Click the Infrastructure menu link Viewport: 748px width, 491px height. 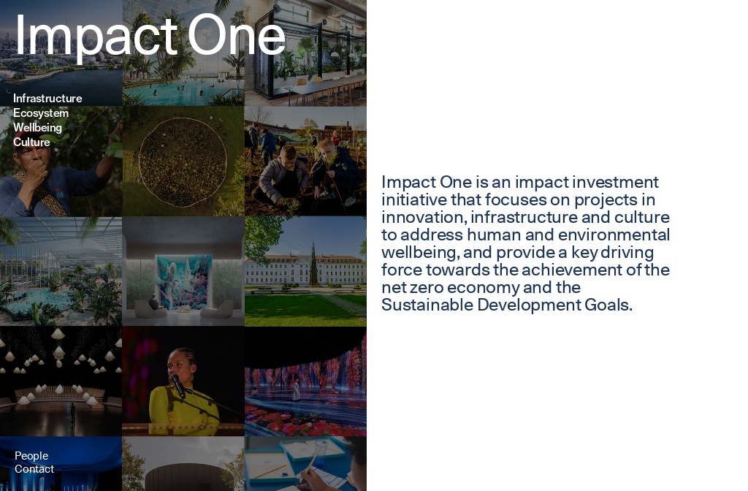click(47, 99)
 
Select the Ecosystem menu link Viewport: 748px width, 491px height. click(41, 113)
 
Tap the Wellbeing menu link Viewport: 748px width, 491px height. click(37, 128)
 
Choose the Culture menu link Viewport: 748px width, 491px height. click(31, 142)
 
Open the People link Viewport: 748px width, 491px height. click(31, 456)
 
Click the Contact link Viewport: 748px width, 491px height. click(34, 469)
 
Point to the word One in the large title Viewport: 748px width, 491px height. click(236, 36)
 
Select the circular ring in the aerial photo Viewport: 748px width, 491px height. click(183, 161)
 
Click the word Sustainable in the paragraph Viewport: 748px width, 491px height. click(427, 305)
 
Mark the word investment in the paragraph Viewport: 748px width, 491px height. click(616, 182)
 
